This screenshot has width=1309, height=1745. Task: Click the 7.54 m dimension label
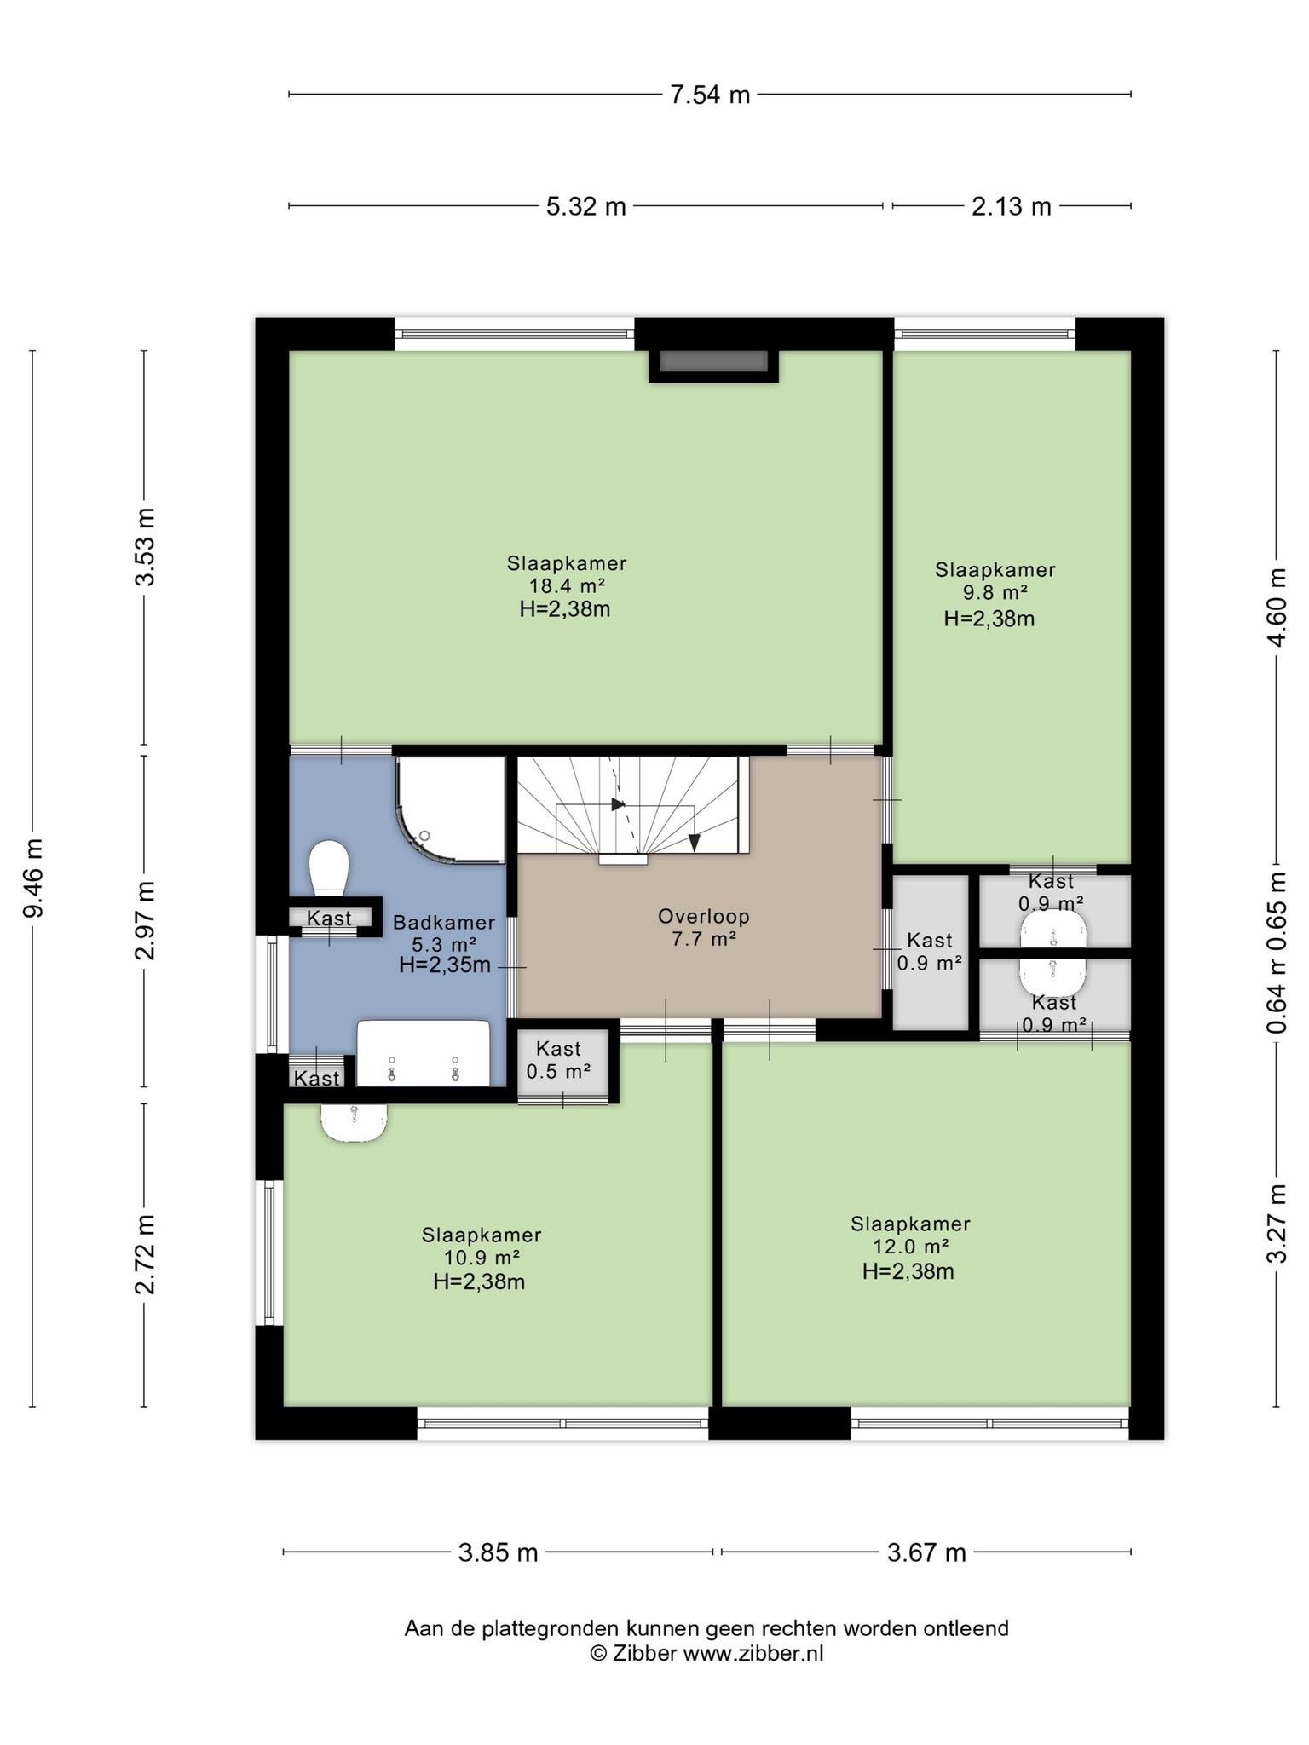(710, 95)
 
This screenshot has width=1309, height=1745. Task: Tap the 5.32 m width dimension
(585, 206)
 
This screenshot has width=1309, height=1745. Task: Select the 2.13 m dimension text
(1012, 206)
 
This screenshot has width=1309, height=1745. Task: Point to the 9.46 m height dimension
(34, 878)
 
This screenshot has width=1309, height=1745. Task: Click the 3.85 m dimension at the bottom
(498, 1552)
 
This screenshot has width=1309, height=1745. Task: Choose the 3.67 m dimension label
(926, 1552)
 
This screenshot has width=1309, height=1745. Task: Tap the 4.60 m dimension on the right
(1277, 607)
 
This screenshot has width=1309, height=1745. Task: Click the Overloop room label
(704, 917)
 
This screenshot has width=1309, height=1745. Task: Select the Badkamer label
(444, 922)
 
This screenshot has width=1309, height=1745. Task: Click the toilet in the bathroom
(329, 868)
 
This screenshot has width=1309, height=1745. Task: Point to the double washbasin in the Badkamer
(424, 1053)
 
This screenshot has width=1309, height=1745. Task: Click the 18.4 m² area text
(567, 586)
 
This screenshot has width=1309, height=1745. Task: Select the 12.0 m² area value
(911, 1247)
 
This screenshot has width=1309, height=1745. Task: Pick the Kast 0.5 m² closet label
(559, 1060)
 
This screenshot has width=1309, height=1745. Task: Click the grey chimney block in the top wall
(714, 361)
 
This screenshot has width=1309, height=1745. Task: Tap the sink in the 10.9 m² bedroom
(355, 1123)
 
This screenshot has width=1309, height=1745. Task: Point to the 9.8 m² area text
(995, 592)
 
